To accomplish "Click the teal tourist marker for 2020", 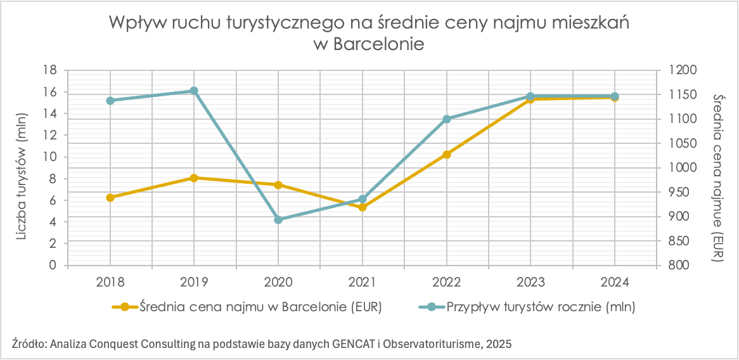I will pos(278,219).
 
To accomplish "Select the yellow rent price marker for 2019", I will pos(194,178).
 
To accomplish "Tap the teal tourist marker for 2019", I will pos(194,91).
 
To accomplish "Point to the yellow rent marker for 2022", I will pos(447,154).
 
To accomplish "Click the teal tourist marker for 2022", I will pos(447,119).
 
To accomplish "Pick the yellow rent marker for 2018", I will pos(110,197).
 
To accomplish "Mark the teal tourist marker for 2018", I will pos(110,100).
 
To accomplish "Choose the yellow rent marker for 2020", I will pos(278,185).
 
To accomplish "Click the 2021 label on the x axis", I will pos(362,280).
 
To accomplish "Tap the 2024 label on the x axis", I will pos(614,280).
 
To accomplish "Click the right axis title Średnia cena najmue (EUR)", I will pos(719,178).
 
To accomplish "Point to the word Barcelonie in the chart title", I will pos(378,45).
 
